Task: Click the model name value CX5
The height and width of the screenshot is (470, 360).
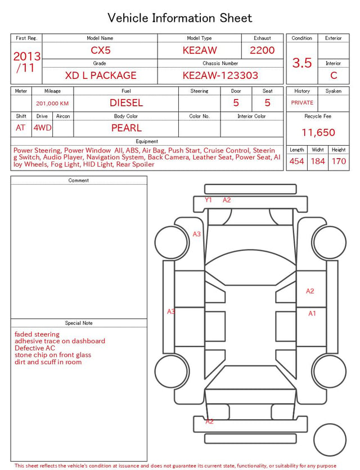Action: tap(101, 50)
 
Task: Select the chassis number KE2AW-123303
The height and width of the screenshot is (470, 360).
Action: tap(220, 75)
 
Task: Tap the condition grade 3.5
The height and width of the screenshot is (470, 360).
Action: tap(302, 63)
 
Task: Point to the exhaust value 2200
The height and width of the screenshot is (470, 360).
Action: tap(262, 50)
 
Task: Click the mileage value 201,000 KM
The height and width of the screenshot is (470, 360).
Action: tap(52, 104)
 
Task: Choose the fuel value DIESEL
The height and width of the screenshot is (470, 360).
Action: tap(127, 103)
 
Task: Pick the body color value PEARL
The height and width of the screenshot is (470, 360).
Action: tap(127, 128)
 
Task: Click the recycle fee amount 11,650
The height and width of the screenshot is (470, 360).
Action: tap(318, 132)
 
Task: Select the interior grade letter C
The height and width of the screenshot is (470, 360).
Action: tap(334, 75)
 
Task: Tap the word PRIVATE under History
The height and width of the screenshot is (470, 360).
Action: tap(302, 102)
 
